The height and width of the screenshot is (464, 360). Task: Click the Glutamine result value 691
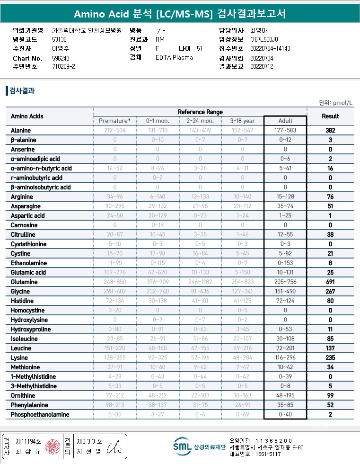click(x=330, y=282)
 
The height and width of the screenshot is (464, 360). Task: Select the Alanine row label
click(x=21, y=131)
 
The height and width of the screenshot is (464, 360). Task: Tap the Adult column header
click(x=285, y=121)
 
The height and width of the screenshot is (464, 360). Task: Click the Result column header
click(x=330, y=116)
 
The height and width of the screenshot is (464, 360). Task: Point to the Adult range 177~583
click(x=285, y=131)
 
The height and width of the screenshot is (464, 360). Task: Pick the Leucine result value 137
click(x=330, y=348)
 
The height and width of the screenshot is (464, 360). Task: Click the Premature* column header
click(x=115, y=121)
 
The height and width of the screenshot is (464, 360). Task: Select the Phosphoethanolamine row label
click(x=40, y=415)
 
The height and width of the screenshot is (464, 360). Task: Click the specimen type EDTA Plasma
click(x=174, y=58)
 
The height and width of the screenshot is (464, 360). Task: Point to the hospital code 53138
click(x=59, y=39)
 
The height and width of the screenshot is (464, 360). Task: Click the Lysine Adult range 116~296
click(x=285, y=358)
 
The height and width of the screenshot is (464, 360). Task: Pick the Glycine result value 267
click(x=330, y=292)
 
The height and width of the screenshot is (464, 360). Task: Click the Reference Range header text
click(x=200, y=112)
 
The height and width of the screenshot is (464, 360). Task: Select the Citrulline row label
click(x=22, y=235)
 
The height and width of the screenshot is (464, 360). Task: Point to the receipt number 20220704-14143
click(x=270, y=49)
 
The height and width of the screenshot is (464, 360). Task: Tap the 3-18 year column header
click(x=242, y=121)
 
